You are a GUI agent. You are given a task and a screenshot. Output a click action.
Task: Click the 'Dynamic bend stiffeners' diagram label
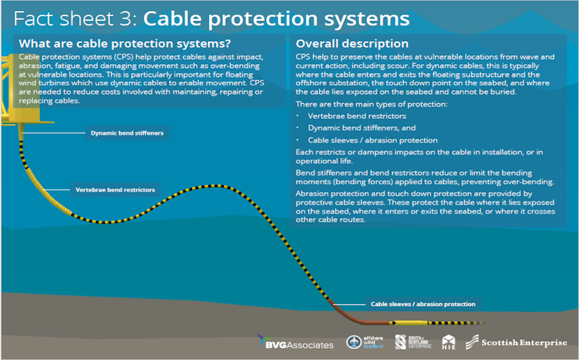[127, 134]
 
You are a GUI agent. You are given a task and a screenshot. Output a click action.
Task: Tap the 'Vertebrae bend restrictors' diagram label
[115, 190]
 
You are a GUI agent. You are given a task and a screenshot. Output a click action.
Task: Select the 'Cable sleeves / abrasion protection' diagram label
[423, 304]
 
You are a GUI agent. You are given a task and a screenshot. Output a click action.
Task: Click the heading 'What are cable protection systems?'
[125, 44]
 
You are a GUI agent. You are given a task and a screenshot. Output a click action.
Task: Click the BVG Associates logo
[295, 343]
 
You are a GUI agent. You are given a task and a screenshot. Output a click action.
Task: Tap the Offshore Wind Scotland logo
[365, 342]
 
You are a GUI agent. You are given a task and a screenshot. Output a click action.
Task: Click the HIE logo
[449, 343]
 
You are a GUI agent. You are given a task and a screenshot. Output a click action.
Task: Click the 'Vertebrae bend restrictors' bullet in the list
[356, 116]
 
